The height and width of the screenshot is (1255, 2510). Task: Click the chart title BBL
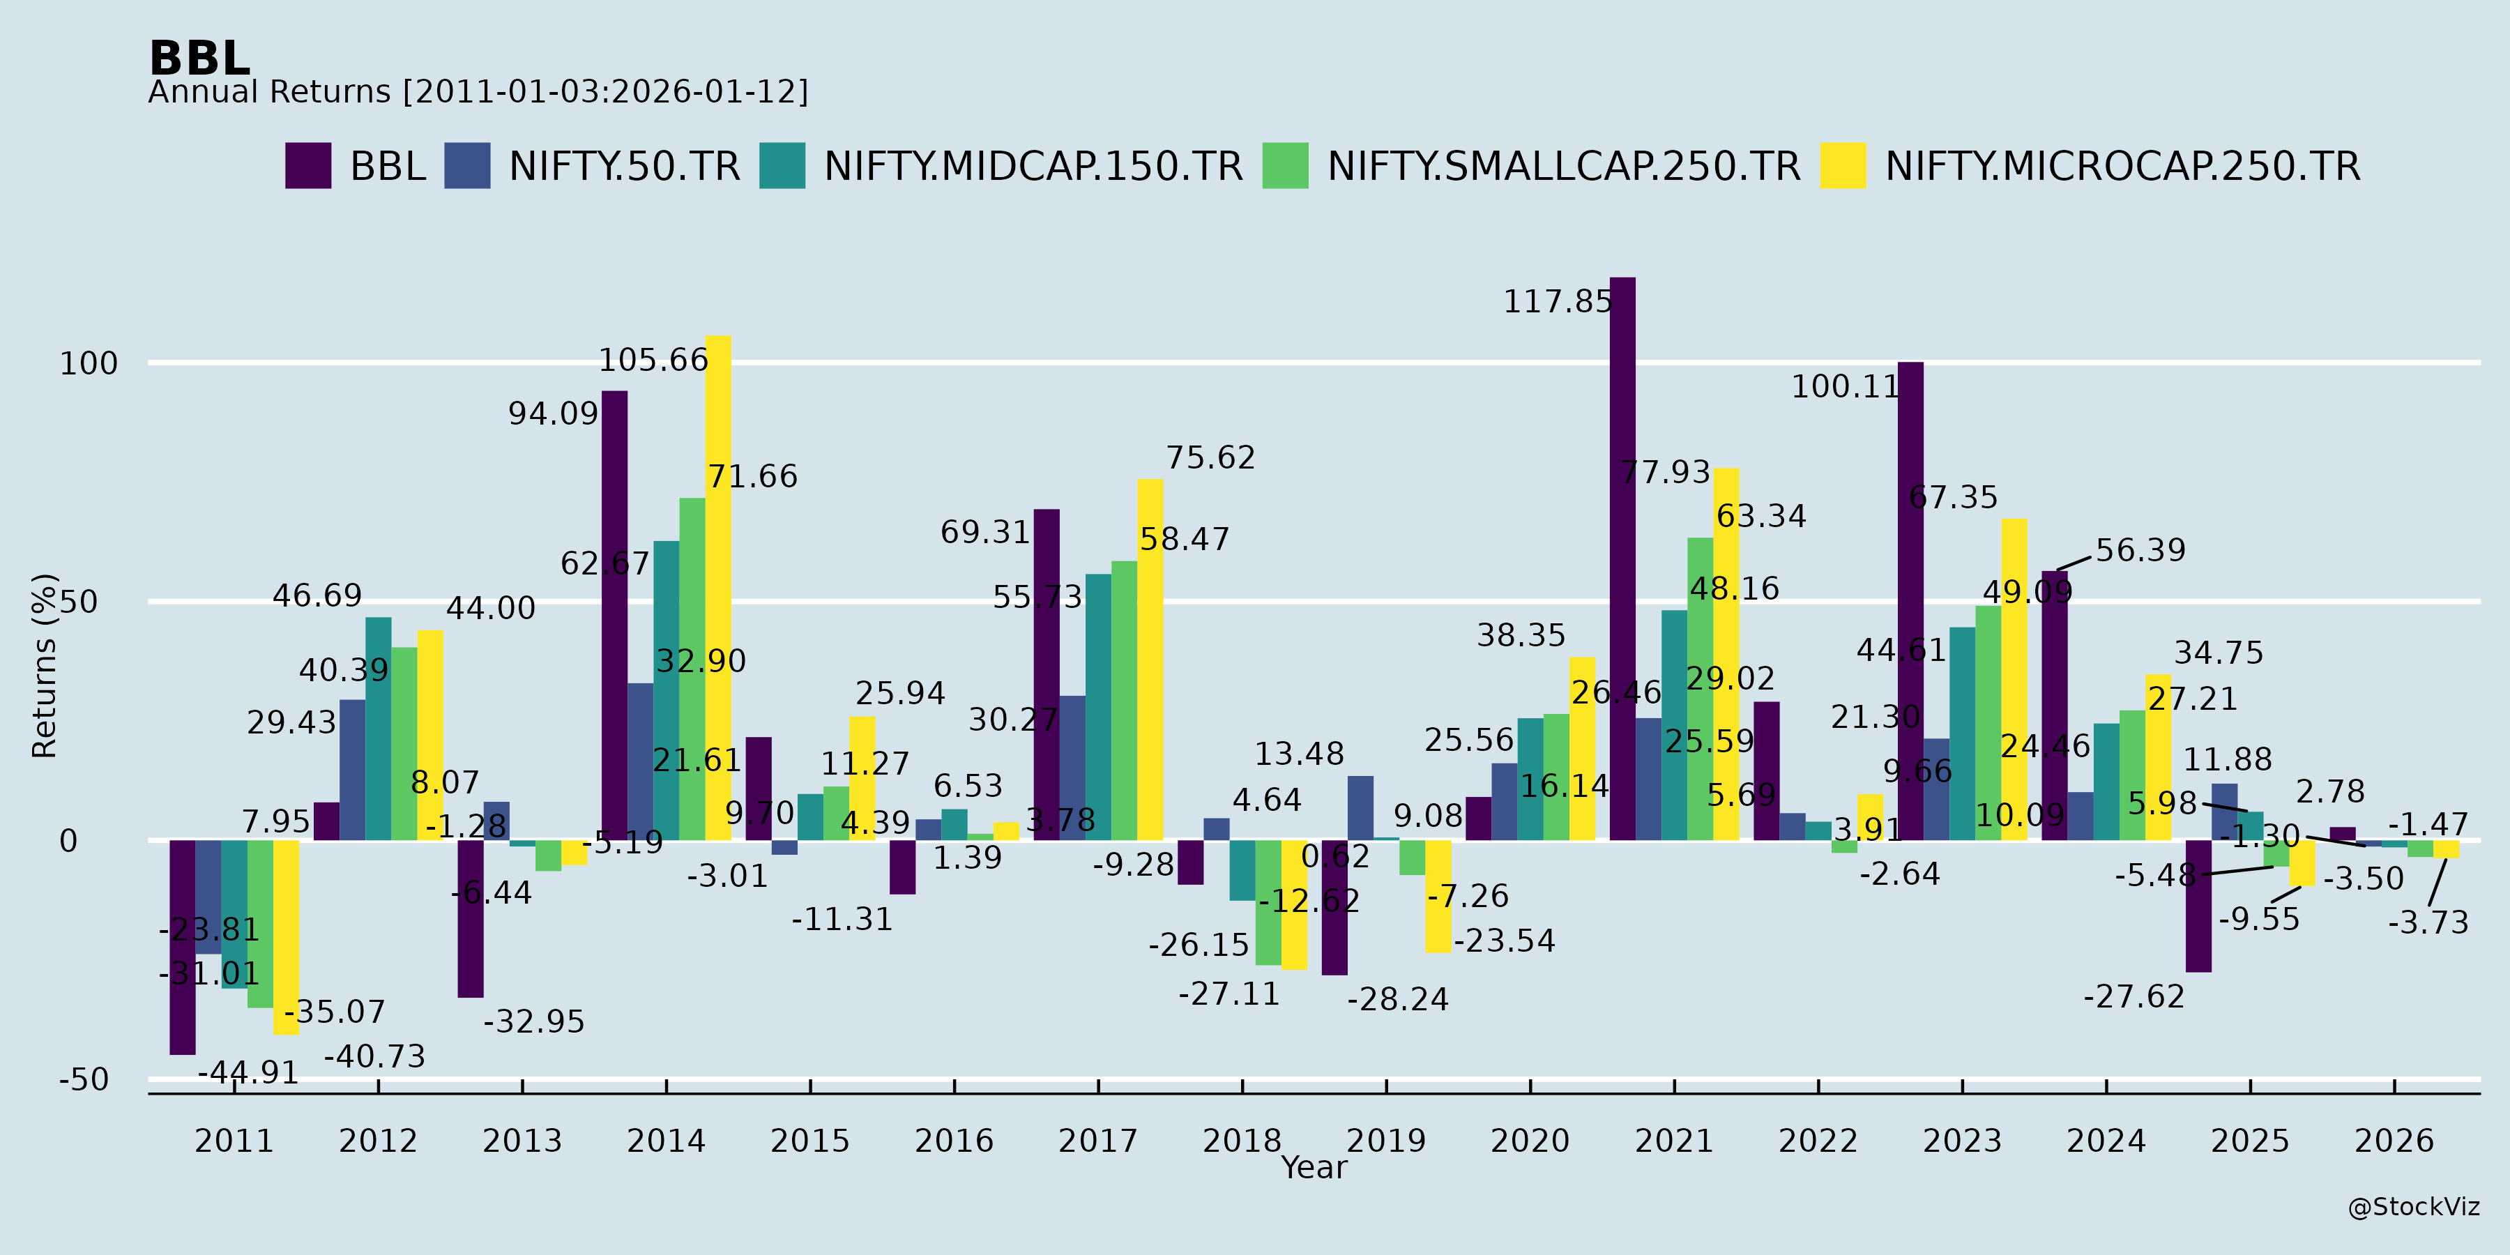pyautogui.click(x=199, y=59)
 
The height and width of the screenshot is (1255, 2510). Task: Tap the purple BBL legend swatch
pyautogui.click(x=308, y=166)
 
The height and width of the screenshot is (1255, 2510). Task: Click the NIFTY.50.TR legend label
pyautogui.click(x=623, y=167)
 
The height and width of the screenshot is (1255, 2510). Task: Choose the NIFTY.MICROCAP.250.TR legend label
pyautogui.click(x=2122, y=167)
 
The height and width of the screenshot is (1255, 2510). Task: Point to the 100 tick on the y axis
pyautogui.click(x=89, y=363)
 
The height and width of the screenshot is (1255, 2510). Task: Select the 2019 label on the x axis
pyautogui.click(x=1385, y=1140)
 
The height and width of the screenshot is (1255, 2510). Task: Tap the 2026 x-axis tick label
pyautogui.click(x=2394, y=1140)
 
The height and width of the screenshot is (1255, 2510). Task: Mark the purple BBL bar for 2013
pyautogui.click(x=471, y=919)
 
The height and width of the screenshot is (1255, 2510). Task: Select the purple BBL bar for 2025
pyautogui.click(x=2198, y=906)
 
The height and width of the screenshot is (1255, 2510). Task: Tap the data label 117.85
pyautogui.click(x=1557, y=302)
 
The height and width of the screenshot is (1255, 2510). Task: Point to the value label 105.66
pyautogui.click(x=653, y=360)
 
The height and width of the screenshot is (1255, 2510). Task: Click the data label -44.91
pyautogui.click(x=248, y=1073)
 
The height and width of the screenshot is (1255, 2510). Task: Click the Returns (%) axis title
pyautogui.click(x=45, y=666)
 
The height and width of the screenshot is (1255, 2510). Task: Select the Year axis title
pyautogui.click(x=1314, y=1167)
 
